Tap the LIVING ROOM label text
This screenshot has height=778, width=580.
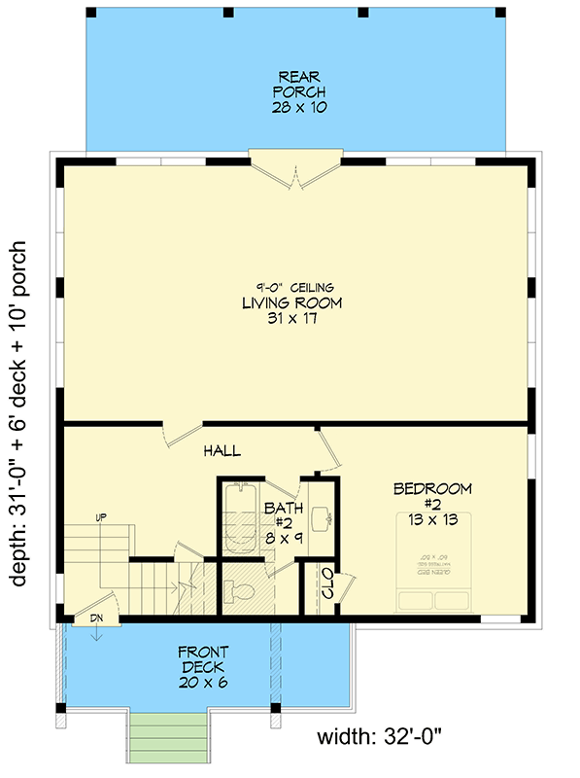click(292, 303)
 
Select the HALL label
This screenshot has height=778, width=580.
click(222, 451)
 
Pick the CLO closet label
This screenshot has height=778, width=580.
click(327, 583)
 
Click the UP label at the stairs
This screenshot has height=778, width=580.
click(100, 517)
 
